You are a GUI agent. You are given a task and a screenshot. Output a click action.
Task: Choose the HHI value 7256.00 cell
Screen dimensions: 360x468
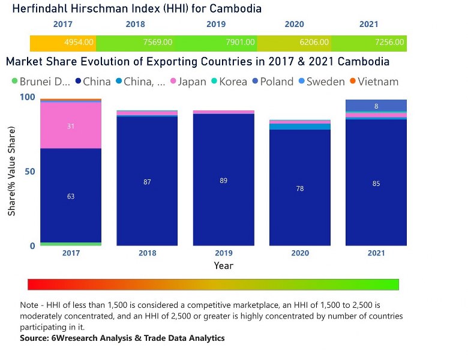point(391,43)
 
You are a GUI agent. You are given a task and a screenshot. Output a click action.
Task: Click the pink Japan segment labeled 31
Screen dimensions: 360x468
point(71,125)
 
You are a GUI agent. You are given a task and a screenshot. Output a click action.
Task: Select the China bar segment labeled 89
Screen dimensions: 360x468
point(223,179)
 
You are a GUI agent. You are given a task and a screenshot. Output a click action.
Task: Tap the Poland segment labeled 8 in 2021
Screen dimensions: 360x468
point(376,106)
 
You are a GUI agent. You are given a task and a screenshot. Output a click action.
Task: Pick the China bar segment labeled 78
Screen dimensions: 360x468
point(299,188)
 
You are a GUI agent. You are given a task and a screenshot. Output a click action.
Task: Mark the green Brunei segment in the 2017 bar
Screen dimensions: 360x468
point(71,244)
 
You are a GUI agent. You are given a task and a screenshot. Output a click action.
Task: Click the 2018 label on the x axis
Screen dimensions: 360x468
point(147,253)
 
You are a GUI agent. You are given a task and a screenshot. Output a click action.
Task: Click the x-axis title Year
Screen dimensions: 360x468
point(223,265)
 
